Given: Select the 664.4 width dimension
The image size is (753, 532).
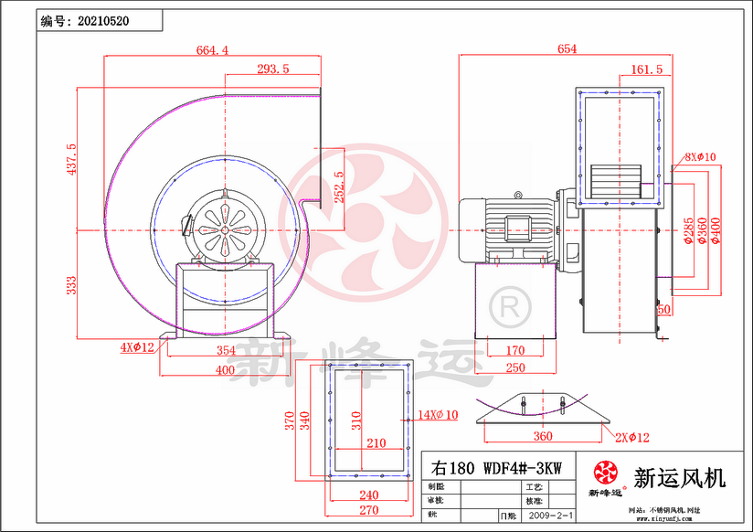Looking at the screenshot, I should [x=212, y=50].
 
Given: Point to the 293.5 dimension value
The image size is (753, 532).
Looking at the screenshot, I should [x=272, y=69].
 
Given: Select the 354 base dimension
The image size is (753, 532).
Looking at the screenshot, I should [x=226, y=350].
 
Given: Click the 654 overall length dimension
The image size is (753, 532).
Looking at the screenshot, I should [x=567, y=50].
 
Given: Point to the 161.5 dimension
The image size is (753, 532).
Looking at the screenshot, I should [x=647, y=69].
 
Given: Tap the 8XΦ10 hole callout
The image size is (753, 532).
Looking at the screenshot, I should [x=700, y=157].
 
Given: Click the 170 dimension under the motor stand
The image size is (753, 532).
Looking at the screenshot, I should [x=515, y=350].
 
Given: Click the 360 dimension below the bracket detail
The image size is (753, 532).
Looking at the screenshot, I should [x=543, y=436].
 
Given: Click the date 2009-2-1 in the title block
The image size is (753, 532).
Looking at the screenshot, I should [x=553, y=516].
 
